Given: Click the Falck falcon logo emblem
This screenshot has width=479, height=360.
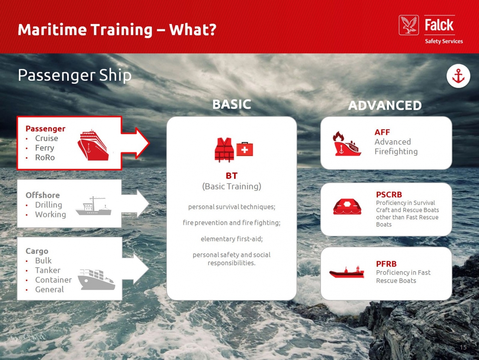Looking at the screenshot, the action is pos(409,25).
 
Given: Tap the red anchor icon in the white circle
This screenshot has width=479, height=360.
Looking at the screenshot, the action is pos(458,76).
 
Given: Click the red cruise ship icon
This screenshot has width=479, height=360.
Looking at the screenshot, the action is pos(93,145).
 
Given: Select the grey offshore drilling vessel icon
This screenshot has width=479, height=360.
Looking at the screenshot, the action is pos(93,206).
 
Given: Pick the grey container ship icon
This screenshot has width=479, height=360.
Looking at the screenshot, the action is pos(97,280).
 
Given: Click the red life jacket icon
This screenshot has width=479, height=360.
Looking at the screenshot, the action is pos(224,150).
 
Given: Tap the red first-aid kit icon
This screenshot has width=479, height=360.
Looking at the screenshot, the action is pos(245,149).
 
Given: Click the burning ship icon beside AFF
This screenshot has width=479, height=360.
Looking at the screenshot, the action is pos(347,144).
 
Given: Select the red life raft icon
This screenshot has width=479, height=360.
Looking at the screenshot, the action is pos(347,207).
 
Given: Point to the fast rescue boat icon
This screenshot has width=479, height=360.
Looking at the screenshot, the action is pos(347,272).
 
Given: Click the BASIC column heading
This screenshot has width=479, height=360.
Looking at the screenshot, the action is pos(231,104).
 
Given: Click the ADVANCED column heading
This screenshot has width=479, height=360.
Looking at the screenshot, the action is pos(385,105).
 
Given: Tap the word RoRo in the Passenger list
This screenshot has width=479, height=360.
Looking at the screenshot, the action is pos(45,158).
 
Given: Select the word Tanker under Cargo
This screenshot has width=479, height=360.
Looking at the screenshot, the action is pos(48,270).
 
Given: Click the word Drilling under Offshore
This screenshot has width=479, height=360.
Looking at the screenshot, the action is pos(49,205).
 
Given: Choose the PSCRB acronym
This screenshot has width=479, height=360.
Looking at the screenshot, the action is pos(389,195).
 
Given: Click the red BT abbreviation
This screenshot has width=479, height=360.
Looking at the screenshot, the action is pos(231,176).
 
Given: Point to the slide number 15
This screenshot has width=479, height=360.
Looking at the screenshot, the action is pos(463,347).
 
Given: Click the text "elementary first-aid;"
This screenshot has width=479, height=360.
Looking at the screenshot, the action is pos(231,239).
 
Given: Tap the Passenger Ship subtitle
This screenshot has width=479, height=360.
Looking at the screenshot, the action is pos(75,75).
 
